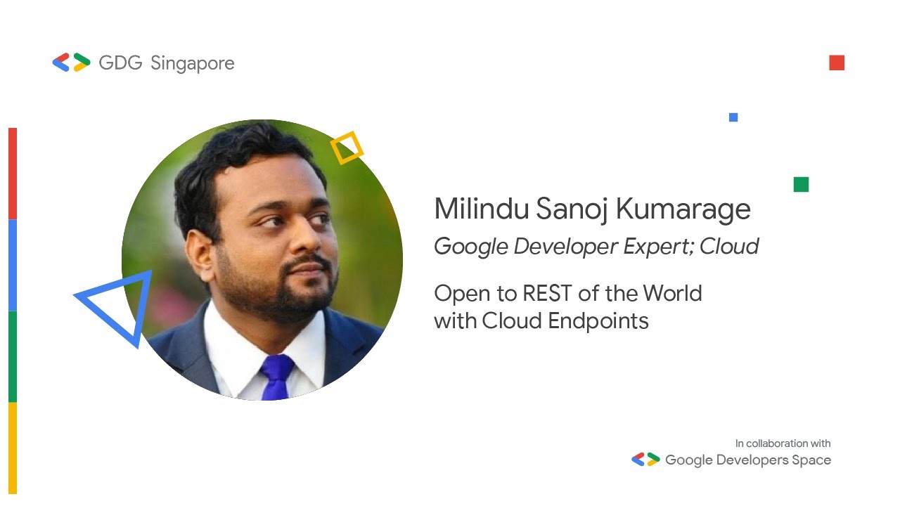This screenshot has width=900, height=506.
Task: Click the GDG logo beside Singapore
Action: click(x=71, y=63)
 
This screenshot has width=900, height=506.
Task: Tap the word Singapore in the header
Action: click(x=192, y=63)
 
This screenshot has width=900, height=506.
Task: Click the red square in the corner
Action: click(x=836, y=63)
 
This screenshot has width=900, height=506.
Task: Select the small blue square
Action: click(x=733, y=117)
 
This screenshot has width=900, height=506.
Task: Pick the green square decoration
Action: click(x=801, y=184)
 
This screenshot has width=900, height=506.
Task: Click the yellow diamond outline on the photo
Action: click(x=347, y=148)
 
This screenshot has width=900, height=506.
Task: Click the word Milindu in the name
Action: click(x=477, y=209)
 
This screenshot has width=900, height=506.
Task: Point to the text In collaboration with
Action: click(x=783, y=443)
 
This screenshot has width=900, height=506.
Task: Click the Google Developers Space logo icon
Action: click(x=645, y=460)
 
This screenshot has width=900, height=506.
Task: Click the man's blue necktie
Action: click(x=277, y=377)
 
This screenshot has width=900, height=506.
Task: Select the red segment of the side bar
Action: click(x=12, y=174)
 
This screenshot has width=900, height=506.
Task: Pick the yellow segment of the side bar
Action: click(x=12, y=448)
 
